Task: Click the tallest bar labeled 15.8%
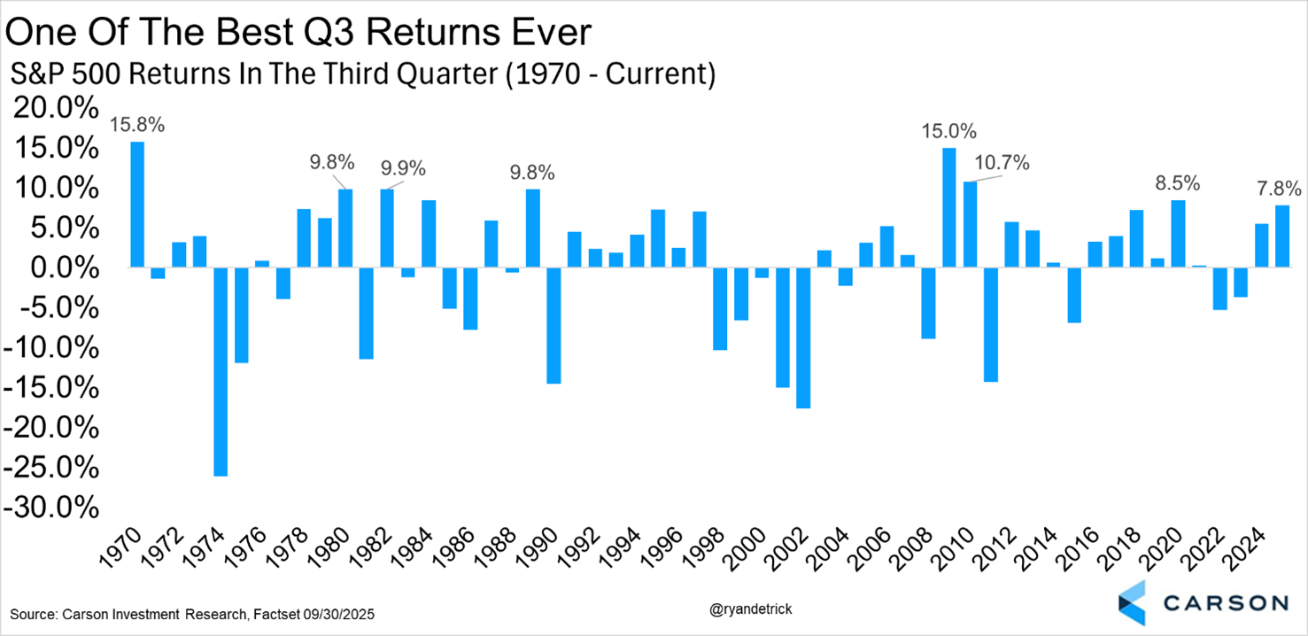(137, 204)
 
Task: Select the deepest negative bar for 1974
(221, 371)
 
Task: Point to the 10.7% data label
(1002, 163)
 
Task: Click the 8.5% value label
(1177, 183)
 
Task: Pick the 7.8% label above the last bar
(1279, 188)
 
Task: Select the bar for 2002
(803, 337)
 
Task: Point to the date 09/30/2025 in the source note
(342, 614)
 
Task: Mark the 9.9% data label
(403, 168)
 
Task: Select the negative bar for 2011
(990, 324)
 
